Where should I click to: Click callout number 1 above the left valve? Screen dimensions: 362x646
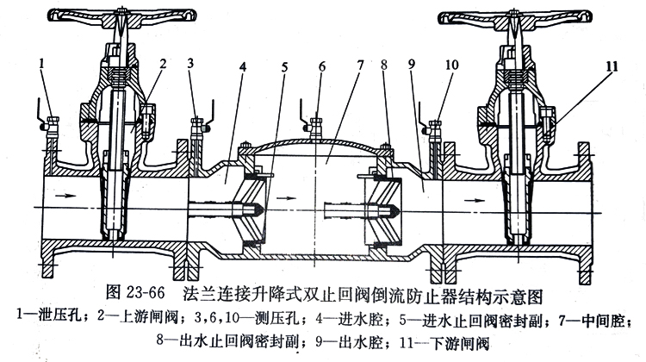(41, 63)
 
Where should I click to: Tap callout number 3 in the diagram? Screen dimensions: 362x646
(191, 63)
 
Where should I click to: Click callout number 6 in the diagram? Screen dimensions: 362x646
(323, 63)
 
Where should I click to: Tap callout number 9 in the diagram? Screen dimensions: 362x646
(413, 63)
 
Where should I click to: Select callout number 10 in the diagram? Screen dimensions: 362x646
(451, 63)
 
